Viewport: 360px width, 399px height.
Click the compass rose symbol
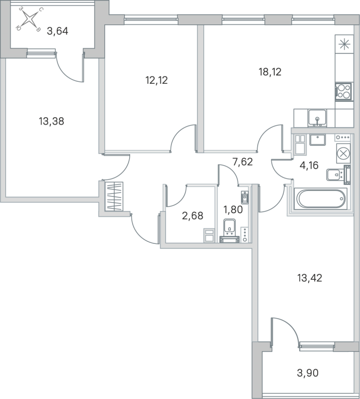pos(30,20)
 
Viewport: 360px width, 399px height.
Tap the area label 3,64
pos(57,31)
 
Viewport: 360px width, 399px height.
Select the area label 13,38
pos(51,121)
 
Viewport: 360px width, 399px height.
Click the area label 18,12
pos(270,72)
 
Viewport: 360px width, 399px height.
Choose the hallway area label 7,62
pos(243,162)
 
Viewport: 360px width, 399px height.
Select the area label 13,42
pos(309,278)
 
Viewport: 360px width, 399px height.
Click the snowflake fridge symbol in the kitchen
pos(344,43)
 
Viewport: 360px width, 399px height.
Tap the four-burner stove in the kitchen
pos(343,91)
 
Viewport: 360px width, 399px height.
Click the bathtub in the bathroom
pos(321,199)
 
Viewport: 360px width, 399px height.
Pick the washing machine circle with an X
pos(343,153)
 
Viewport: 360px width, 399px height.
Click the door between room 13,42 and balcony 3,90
pos(284,332)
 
